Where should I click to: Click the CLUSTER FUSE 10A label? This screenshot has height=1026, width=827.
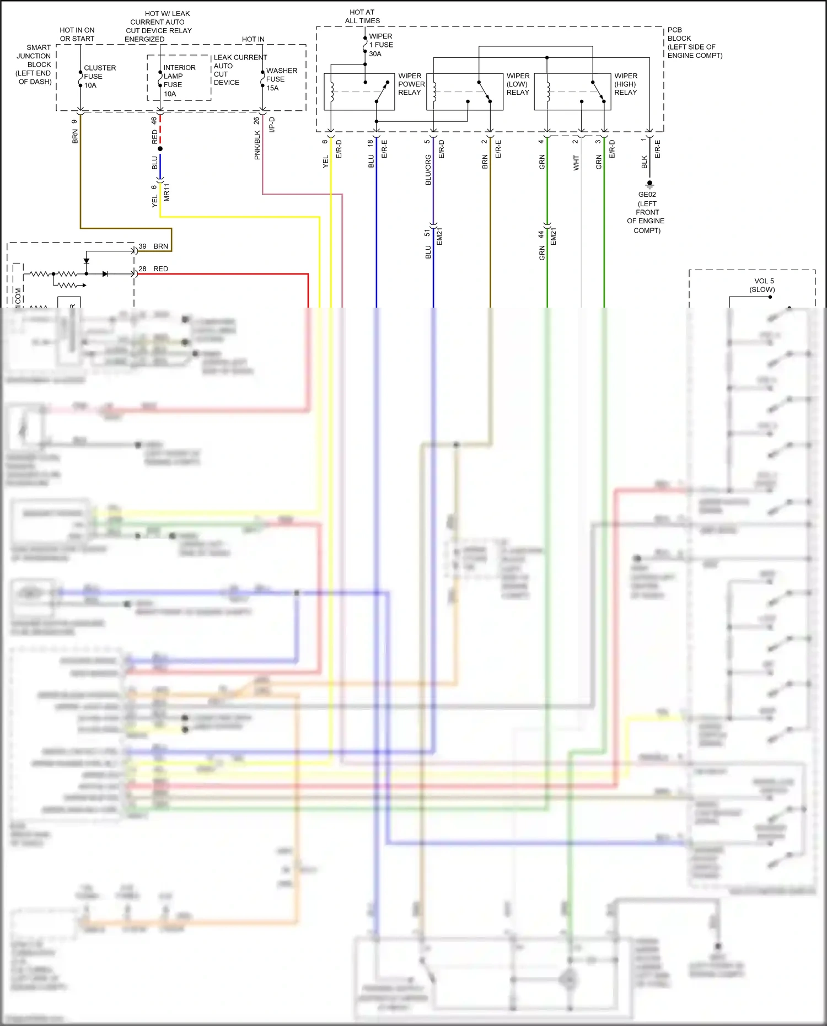tap(99, 77)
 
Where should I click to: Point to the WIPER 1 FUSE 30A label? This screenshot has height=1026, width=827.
tap(380, 45)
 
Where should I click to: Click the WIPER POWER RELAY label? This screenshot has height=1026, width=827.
tap(411, 84)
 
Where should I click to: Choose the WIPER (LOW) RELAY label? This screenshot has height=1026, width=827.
tap(518, 84)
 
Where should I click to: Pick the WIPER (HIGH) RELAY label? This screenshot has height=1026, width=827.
tap(626, 84)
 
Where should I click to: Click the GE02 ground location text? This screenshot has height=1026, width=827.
tap(647, 212)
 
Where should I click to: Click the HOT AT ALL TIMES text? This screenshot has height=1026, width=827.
tap(362, 17)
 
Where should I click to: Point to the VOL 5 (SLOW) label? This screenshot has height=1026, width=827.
tap(763, 285)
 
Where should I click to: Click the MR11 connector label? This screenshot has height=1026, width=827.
tap(167, 192)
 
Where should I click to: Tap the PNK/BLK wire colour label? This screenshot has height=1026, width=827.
tap(257, 146)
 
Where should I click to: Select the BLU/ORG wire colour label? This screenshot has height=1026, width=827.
tap(428, 170)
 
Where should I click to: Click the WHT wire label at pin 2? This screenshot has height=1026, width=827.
tap(576, 163)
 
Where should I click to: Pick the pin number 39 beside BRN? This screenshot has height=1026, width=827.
tap(142, 246)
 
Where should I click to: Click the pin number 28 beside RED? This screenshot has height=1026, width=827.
tap(142, 269)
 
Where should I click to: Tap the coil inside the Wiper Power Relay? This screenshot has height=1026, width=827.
tap(332, 92)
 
